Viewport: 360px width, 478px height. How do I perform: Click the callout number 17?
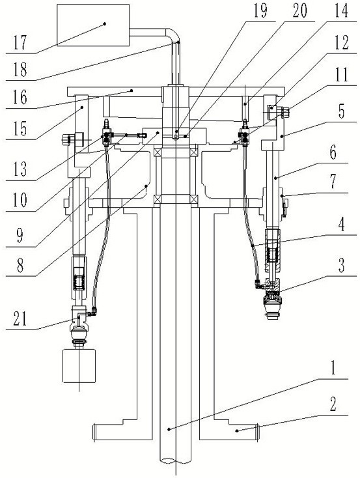(x=20, y=42)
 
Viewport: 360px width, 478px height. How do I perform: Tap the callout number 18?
(x=20, y=69)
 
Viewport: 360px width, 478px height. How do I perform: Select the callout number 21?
(x=20, y=319)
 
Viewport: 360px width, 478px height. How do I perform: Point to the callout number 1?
(x=333, y=367)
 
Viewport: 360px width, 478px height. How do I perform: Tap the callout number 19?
(x=260, y=11)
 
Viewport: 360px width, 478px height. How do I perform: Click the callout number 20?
(x=299, y=11)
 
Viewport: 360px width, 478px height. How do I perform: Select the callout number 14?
(x=341, y=11)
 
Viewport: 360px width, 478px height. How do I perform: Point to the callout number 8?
(x=20, y=265)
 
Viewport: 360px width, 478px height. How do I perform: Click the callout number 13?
(x=20, y=169)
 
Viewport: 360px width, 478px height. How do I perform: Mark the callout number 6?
(x=333, y=152)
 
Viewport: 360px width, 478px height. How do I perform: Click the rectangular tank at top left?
(x=93, y=25)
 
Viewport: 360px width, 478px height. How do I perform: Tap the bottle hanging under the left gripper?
(x=79, y=366)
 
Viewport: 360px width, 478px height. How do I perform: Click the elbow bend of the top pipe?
(x=173, y=33)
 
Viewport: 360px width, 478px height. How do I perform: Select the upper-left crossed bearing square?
(x=158, y=152)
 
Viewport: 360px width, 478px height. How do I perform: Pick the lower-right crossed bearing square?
(x=194, y=199)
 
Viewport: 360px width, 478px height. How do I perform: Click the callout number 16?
(x=20, y=98)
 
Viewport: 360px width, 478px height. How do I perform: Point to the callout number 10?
(x=20, y=200)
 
